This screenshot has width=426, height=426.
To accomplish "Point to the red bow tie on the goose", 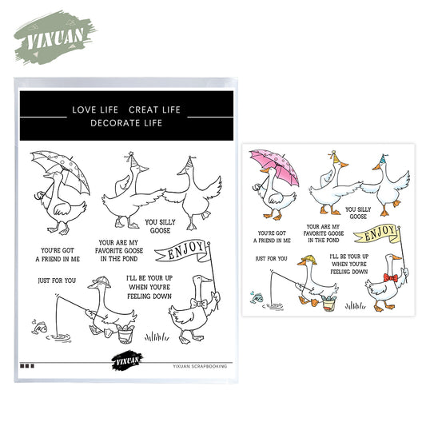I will [x=390, y=277].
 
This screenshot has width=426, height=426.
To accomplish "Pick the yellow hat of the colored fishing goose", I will [x=305, y=262].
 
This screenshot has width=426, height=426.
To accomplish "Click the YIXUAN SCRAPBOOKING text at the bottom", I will [x=200, y=365].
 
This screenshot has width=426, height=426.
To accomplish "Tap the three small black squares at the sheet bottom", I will [x=26, y=366].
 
